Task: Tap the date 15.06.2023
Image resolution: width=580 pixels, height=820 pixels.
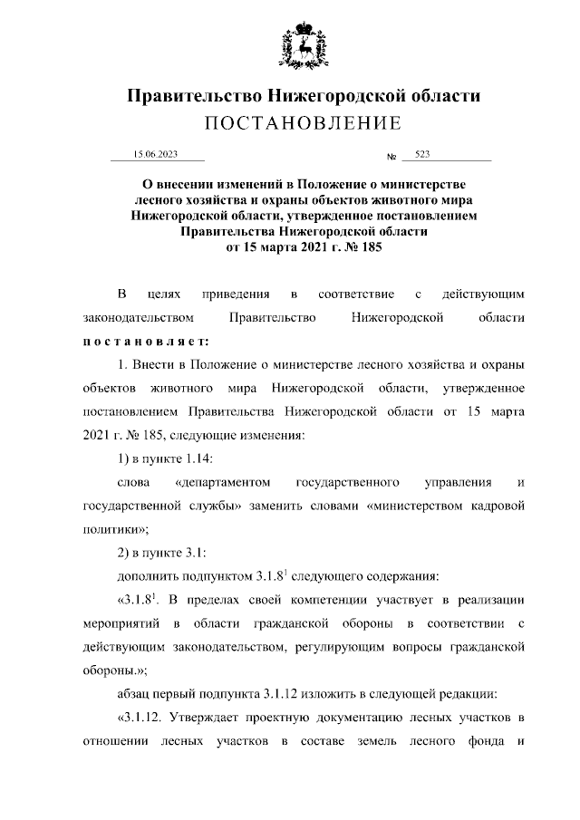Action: [x=155, y=155]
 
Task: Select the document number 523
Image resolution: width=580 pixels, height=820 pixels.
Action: [x=422, y=155]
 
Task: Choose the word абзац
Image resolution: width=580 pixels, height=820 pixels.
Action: [x=139, y=692]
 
